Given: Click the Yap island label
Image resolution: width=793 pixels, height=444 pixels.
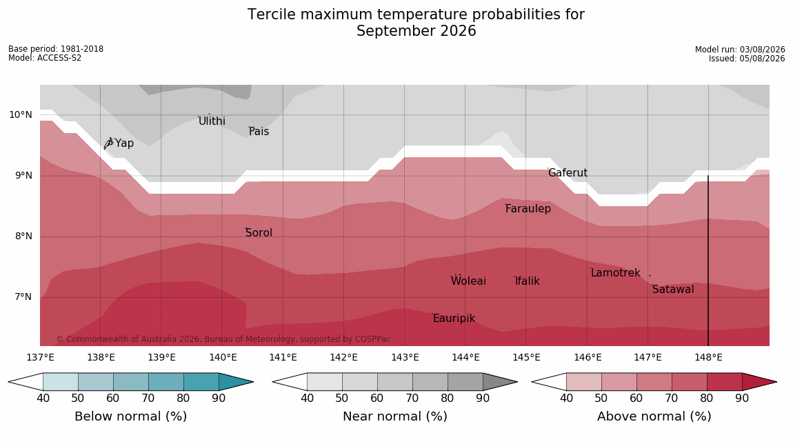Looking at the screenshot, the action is (124, 143).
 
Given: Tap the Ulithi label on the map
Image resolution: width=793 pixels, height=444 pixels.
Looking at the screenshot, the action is (212, 121).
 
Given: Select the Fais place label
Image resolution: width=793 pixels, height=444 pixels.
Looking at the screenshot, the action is (259, 132).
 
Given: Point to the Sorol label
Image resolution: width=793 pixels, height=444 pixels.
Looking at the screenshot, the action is (259, 232).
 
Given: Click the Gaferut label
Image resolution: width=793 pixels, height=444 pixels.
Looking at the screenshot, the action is (568, 173).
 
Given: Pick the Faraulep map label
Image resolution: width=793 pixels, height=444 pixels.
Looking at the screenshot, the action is (528, 208).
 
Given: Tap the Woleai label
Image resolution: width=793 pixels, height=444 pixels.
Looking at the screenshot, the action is (468, 281).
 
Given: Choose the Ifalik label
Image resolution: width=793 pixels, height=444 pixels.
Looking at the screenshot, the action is (528, 281).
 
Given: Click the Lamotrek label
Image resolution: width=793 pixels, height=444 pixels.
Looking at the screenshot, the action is (616, 273).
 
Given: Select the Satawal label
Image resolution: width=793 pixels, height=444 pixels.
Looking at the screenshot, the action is (673, 290).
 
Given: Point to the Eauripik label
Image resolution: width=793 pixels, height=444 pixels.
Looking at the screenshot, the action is (454, 318).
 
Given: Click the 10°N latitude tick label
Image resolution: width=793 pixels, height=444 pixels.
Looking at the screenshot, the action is (21, 115).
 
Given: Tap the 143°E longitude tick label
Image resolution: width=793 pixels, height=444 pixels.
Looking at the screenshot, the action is (405, 358).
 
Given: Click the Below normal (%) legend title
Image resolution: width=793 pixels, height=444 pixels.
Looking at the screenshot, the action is (131, 416).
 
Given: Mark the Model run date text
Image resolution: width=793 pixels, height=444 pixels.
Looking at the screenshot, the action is (740, 50).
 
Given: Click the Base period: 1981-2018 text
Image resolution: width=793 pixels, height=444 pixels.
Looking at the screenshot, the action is (56, 49).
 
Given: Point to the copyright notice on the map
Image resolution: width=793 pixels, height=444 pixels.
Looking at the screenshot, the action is (223, 339).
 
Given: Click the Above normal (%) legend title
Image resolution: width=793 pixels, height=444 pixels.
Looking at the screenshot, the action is (654, 416).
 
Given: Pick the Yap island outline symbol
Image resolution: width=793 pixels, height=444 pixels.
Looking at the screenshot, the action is (108, 143).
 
